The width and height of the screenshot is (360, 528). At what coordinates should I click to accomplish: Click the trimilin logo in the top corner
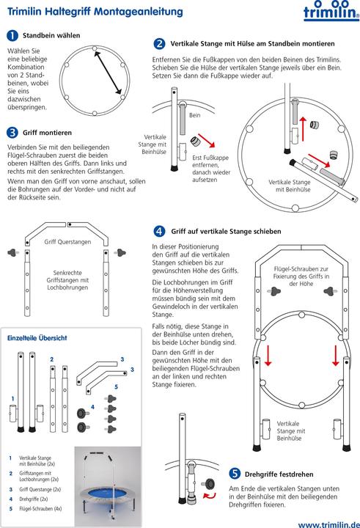tap(331, 11)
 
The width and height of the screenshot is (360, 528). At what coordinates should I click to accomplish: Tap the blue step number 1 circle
tap(12, 35)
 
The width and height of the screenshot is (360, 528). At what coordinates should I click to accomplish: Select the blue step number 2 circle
tap(159, 43)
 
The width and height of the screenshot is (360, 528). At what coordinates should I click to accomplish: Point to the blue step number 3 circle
tap(12, 132)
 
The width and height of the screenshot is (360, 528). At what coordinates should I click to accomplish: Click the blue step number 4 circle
tap(159, 231)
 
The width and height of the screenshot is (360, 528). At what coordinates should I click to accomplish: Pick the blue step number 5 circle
tap(235, 474)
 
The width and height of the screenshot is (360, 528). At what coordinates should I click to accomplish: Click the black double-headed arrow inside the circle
tap(108, 73)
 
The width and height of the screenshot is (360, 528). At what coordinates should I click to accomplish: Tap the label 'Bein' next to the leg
tap(194, 115)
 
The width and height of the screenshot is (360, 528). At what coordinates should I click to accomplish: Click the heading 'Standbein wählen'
tap(51, 35)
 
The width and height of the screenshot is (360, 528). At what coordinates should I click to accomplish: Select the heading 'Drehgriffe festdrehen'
tap(279, 474)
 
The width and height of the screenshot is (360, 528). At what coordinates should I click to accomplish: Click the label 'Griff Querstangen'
tap(67, 242)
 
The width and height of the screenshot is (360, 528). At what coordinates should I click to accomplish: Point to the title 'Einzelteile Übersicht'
tap(37, 338)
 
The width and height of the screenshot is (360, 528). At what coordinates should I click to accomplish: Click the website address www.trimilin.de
tap(329, 524)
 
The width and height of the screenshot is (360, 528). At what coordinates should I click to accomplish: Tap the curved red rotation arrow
tap(210, 495)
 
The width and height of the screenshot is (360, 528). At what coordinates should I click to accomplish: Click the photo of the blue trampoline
tap(108, 486)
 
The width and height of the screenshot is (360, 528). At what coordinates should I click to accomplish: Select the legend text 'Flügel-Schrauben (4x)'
tap(40, 508)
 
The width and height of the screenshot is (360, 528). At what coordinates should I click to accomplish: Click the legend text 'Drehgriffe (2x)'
tap(33, 499)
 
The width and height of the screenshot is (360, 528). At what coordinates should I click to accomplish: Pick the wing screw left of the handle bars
tap(12, 252)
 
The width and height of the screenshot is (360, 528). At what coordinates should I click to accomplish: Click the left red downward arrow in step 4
tap(268, 356)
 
